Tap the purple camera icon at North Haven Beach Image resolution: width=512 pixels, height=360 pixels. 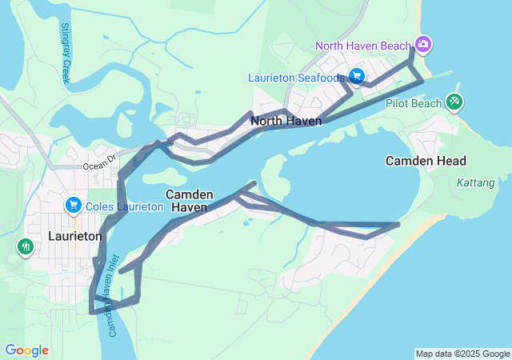click(423, 44)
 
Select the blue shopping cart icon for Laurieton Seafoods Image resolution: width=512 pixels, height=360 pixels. click(357, 77)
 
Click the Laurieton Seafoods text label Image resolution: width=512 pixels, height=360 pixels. click(296, 78)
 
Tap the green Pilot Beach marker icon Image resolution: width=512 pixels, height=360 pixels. click(454, 102)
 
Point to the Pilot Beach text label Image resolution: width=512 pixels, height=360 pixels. click(413, 103)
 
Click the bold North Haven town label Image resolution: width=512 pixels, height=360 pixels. click(286, 121)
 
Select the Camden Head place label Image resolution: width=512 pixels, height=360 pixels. click(426, 161)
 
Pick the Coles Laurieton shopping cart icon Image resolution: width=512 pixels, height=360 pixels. click(74, 206)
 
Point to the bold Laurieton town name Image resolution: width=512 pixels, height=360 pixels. click(74, 236)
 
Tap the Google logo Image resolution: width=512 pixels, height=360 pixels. click(26, 350)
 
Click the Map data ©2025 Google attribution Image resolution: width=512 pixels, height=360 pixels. click(462, 354)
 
